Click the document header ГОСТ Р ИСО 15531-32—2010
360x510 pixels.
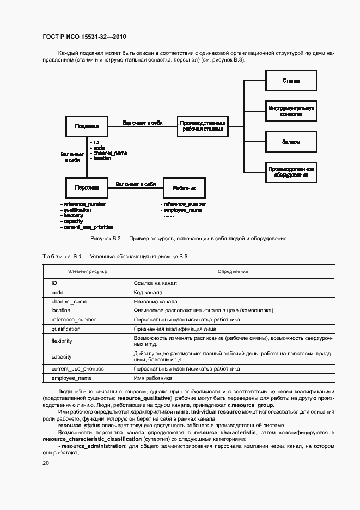(x=84, y=37)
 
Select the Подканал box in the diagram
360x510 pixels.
(x=87, y=126)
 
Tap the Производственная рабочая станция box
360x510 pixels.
(x=202, y=126)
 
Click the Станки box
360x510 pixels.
(x=291, y=81)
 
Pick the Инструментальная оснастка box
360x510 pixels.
(x=291, y=112)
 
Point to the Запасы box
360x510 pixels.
(x=291, y=142)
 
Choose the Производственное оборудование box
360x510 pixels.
(x=291, y=172)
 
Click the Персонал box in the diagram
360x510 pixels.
(x=87, y=188)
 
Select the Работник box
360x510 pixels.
(x=184, y=188)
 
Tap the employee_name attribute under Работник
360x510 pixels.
(x=182, y=210)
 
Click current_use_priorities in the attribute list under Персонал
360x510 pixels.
(x=88, y=227)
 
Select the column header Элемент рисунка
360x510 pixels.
(x=87, y=271)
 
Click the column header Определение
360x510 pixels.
(x=233, y=271)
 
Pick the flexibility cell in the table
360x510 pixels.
(x=62, y=341)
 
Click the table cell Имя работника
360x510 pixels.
(x=152, y=378)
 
